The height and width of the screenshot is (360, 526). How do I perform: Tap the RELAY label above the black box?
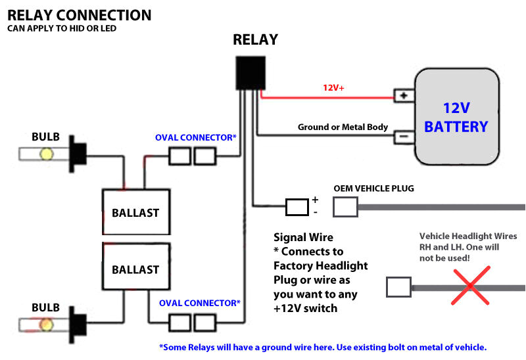click(x=255, y=39)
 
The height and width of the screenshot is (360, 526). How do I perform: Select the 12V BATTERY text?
click(x=456, y=117)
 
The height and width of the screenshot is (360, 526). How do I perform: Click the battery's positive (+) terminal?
click(x=402, y=96)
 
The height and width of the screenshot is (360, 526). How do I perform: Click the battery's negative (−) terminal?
click(x=402, y=137)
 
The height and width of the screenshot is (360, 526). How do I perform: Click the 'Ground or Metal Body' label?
click(x=343, y=127)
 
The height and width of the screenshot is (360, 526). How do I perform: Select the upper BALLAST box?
click(x=135, y=212)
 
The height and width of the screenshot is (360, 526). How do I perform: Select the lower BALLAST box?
click(x=135, y=269)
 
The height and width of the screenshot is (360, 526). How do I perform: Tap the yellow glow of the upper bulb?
click(x=47, y=154)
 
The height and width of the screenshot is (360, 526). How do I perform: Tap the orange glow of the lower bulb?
click(x=47, y=325)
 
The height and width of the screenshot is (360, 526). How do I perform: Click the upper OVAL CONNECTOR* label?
click(x=196, y=138)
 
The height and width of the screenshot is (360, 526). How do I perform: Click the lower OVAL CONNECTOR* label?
click(x=200, y=303)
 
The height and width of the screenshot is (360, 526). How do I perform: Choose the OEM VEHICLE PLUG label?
click(x=373, y=189)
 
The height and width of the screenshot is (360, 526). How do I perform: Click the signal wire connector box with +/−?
click(x=297, y=208)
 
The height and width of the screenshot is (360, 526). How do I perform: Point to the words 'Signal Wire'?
click(x=303, y=237)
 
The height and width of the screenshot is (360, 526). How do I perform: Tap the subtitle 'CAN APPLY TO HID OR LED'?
click(x=62, y=29)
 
